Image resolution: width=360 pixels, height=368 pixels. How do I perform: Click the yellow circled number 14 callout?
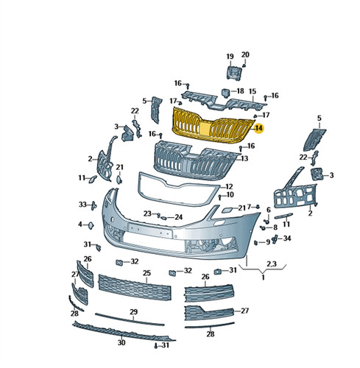click(258, 128)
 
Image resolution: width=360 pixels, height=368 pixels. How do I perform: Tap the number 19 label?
click(230, 57)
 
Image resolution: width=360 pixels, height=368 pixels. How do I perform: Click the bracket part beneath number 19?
click(234, 72)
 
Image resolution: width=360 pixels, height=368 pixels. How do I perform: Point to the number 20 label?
click(245, 54)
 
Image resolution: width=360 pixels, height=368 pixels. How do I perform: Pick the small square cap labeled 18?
click(225, 93)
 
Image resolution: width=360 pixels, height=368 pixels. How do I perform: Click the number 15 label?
click(253, 91)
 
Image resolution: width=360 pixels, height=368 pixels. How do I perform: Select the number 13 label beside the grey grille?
click(244, 159)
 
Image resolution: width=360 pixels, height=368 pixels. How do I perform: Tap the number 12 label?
click(229, 186)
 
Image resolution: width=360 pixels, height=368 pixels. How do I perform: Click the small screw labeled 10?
click(220, 197)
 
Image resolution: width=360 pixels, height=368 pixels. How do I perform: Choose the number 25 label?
click(147, 273)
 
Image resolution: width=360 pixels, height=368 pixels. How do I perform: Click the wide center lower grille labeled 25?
click(135, 288)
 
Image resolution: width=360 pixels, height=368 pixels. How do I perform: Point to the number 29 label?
click(133, 312)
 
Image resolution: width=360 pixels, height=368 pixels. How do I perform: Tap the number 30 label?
click(121, 343)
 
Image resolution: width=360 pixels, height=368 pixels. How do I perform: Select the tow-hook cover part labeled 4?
click(91, 225)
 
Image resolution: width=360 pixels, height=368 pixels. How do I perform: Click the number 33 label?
click(82, 205)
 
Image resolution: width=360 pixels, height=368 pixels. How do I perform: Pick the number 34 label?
click(287, 238)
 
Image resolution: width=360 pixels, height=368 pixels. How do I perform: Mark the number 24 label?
click(179, 217)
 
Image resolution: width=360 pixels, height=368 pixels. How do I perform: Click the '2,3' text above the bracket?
click(272, 264)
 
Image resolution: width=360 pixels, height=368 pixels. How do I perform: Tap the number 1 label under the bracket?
click(263, 277)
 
